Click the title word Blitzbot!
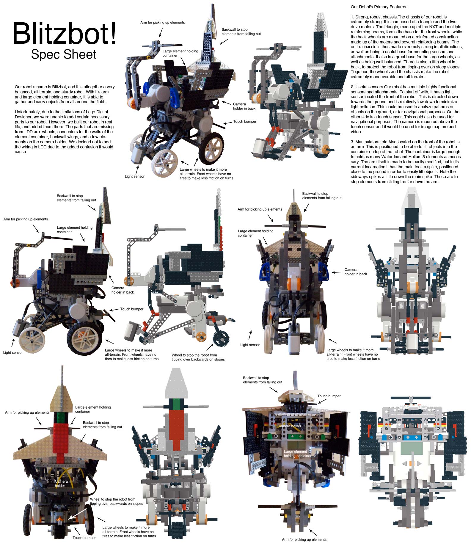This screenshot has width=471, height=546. click(x=64, y=33)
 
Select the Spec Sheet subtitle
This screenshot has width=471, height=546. click(x=64, y=54)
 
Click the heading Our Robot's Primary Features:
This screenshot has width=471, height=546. click(x=379, y=7)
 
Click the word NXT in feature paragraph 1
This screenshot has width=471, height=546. click(x=430, y=27)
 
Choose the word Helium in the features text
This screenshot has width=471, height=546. click(x=419, y=157)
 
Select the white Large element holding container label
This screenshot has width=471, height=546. click(x=297, y=454)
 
